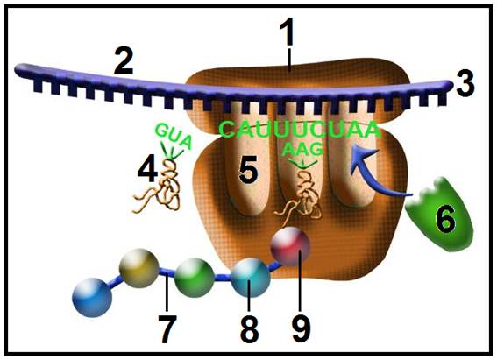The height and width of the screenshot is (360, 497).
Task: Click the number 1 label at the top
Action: [288, 32]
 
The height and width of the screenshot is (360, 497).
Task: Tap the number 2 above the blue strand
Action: [124, 60]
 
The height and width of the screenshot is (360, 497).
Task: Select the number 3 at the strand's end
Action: [465, 83]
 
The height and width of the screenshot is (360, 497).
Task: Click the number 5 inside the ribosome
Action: [248, 170]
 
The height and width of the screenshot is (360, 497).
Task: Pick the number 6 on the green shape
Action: [446, 218]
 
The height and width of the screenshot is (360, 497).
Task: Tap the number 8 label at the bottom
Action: [250, 329]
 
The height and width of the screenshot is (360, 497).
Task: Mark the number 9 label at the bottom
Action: [302, 329]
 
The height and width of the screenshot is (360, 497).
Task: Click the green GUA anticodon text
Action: [174, 136]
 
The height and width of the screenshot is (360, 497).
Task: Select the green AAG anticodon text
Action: [302, 149]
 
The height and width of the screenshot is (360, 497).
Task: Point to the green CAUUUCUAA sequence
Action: [300, 130]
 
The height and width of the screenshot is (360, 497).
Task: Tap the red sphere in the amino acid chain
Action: [290, 246]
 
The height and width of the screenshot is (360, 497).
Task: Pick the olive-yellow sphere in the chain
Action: [138, 268]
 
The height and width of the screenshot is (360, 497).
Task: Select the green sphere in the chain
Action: [195, 278]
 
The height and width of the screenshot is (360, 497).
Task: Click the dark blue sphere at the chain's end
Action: [92, 297]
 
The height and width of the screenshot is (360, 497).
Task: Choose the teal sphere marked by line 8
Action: [251, 278]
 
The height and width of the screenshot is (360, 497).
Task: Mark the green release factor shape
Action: [439, 215]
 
